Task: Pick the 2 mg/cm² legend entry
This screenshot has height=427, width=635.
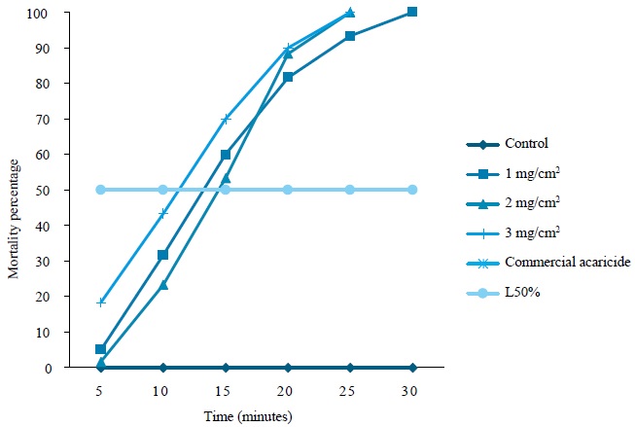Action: pyautogui.click(x=534, y=203)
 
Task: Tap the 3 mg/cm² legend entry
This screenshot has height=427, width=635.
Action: pyautogui.click(x=534, y=232)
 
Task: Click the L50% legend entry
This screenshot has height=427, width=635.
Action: pyautogui.click(x=522, y=291)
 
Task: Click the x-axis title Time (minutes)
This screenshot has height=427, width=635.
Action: pyautogui.click(x=248, y=415)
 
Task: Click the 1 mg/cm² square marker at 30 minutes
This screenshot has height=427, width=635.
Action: pyautogui.click(x=412, y=12)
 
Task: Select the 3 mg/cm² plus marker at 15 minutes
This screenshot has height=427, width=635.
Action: pyautogui.click(x=225, y=119)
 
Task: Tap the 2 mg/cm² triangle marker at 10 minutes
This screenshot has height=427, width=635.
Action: pyautogui.click(x=162, y=285)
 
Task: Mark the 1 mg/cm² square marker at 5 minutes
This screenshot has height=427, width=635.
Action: pyautogui.click(x=100, y=349)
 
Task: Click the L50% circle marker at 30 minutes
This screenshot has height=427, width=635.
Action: pyautogui.click(x=412, y=190)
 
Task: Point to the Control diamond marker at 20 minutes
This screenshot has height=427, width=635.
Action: pyautogui.click(x=288, y=368)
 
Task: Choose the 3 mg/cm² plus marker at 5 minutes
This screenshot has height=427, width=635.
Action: pyautogui.click(x=100, y=302)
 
